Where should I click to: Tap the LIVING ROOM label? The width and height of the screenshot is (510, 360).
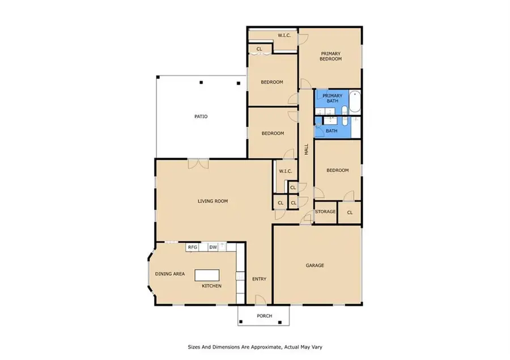[x=212, y=201]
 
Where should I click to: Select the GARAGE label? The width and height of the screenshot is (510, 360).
[x=315, y=265]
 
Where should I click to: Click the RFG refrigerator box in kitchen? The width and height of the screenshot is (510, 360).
[x=192, y=247]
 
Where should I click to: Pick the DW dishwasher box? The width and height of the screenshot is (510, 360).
[x=213, y=247]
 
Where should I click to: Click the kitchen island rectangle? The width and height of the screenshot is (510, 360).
[x=207, y=276]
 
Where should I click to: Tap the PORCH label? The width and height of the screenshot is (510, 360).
[x=264, y=316]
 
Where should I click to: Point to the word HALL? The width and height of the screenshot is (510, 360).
[x=306, y=150]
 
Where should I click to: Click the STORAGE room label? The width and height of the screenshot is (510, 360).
[x=325, y=211]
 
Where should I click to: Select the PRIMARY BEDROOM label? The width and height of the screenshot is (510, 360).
[x=330, y=56]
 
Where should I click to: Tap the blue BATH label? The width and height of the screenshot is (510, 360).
[x=331, y=131]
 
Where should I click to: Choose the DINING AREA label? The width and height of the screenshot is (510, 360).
[x=170, y=274]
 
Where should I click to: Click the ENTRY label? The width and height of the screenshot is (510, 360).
[x=259, y=278]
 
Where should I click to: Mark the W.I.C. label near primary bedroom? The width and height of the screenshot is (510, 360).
[x=284, y=36]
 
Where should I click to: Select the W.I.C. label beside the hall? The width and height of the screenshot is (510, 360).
[x=284, y=171]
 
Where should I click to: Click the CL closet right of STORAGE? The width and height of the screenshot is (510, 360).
[x=350, y=212]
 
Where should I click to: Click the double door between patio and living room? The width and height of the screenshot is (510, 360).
[x=198, y=164]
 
